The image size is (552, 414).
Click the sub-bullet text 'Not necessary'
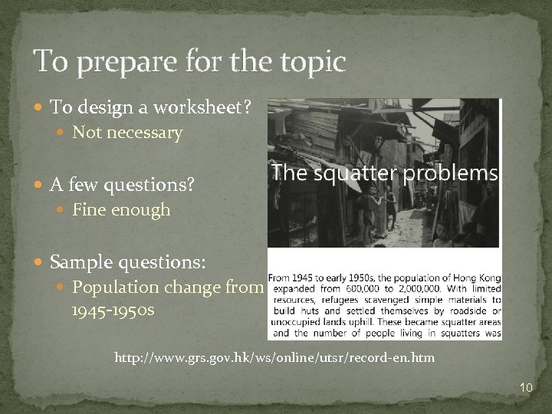[x=127, y=133]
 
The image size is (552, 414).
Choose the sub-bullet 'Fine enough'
[x=121, y=210]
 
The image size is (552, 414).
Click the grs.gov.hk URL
[x=274, y=358]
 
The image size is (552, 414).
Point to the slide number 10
[x=525, y=388]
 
